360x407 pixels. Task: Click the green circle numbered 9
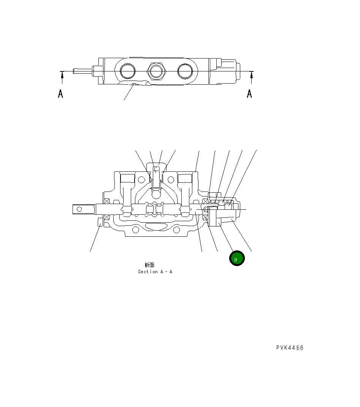(236, 258)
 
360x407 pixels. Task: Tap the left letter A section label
(60, 93)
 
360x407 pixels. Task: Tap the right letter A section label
(249, 93)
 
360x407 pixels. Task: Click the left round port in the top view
(127, 71)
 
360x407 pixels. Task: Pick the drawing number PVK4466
(290, 348)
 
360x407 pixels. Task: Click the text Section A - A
(155, 272)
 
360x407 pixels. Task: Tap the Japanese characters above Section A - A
(149, 265)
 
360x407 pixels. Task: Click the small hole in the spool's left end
(79, 209)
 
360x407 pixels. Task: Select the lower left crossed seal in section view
(107, 217)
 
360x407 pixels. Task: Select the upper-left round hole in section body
(141, 178)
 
